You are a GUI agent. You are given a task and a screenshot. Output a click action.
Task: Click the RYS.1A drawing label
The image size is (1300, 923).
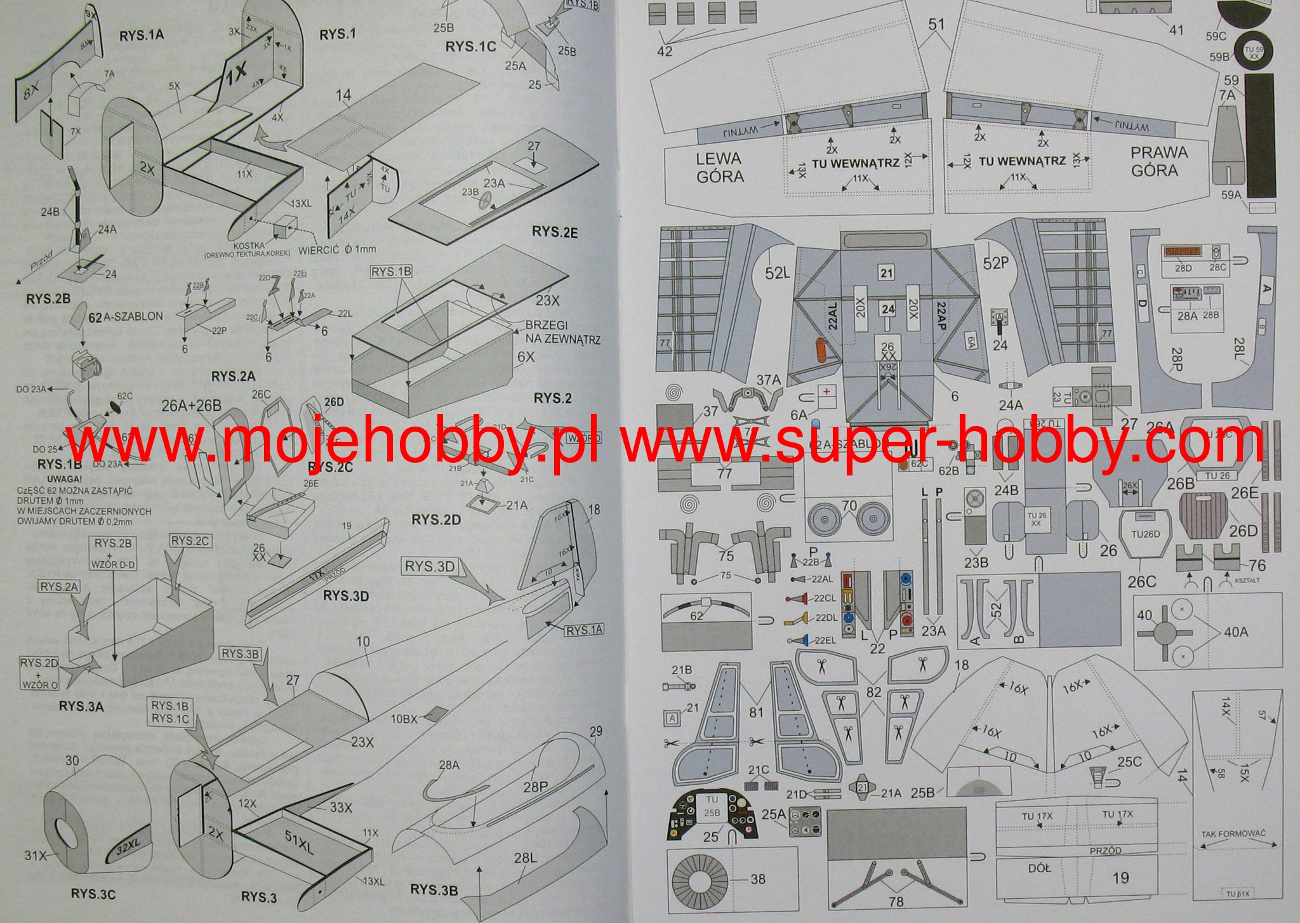141,35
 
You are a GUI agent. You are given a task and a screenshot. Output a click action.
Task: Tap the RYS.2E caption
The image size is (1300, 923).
554,232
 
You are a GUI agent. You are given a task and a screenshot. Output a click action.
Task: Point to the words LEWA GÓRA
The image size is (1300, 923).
720,168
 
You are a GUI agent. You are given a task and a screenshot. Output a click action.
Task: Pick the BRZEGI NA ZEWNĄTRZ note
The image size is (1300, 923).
562,332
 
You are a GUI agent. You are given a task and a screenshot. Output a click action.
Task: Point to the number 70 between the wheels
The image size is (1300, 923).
849,506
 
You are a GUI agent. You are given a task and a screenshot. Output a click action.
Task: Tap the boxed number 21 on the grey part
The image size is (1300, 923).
886,273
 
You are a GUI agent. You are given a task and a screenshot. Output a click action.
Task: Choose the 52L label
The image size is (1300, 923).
777,272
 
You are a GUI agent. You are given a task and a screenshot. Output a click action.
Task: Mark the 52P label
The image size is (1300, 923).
995,263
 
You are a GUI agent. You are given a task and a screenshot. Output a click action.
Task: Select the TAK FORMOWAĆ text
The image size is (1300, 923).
1233,833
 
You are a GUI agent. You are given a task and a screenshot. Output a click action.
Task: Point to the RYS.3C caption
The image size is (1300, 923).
93,894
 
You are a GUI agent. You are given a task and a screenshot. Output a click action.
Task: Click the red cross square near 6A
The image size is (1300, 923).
826,392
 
